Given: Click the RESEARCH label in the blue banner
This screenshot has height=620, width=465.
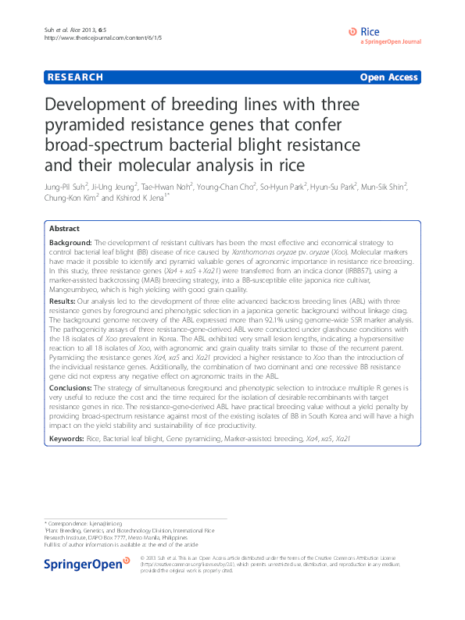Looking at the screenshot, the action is coord(76,77).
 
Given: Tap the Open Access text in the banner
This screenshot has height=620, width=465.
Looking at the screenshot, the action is coord(388,77).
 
